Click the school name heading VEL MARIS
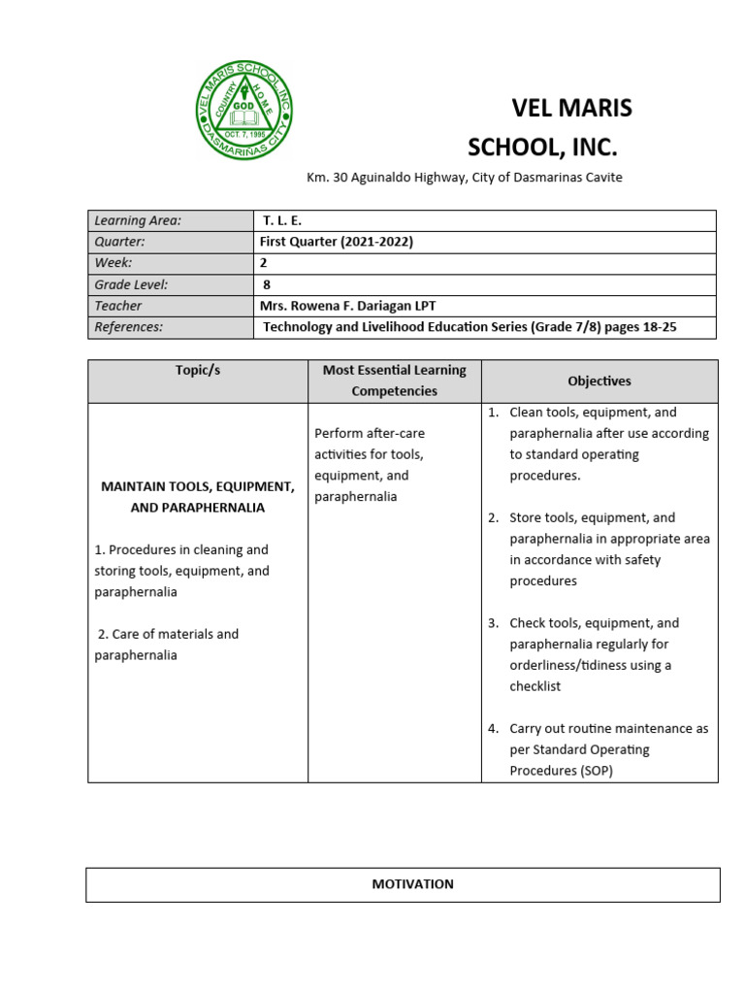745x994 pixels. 571,109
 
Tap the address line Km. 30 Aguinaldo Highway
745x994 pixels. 464,177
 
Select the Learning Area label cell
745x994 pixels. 138,220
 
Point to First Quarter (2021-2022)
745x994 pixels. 336,242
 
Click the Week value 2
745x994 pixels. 264,263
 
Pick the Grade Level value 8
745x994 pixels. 267,284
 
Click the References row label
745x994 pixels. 129,327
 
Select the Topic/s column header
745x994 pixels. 197,370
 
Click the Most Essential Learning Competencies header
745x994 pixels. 394,381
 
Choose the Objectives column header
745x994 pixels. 599,381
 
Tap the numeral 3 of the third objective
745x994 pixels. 493,623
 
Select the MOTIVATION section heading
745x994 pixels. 412,884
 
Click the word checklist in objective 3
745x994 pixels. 534,686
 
